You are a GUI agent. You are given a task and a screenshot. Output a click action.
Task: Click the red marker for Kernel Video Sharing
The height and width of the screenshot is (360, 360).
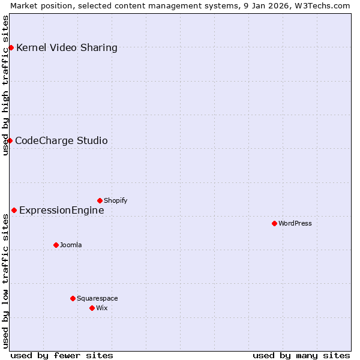(x=11, y=47)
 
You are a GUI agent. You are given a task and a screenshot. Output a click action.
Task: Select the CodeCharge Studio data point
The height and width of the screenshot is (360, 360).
(x=10, y=140)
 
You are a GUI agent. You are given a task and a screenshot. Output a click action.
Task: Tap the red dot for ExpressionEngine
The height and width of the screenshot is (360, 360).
(x=14, y=210)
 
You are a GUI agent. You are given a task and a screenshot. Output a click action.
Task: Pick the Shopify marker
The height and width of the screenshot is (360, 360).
(x=100, y=200)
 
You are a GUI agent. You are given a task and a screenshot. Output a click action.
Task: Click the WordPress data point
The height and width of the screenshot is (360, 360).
(x=274, y=223)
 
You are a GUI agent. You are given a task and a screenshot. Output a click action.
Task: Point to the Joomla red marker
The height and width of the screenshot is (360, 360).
(x=56, y=245)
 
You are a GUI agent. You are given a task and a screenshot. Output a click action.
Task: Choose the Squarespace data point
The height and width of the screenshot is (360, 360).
(x=73, y=298)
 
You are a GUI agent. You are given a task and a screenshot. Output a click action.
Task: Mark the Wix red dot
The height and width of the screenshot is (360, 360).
(x=92, y=308)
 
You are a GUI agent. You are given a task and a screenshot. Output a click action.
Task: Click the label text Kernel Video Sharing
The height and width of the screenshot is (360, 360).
(x=67, y=47)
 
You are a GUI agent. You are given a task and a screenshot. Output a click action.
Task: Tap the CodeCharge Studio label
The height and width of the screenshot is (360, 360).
(x=61, y=140)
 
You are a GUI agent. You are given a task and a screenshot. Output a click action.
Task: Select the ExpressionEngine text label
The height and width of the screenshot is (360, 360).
(x=61, y=210)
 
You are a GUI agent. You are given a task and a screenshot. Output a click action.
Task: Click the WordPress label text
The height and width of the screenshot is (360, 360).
(x=295, y=223)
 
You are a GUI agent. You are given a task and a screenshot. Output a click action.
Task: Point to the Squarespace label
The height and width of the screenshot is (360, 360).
(x=97, y=298)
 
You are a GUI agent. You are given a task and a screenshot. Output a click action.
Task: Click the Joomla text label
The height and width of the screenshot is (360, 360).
(x=71, y=245)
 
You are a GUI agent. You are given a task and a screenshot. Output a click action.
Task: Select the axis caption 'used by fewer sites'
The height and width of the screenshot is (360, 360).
(x=62, y=355)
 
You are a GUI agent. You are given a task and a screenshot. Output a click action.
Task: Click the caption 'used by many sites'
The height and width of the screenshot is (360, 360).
(x=301, y=355)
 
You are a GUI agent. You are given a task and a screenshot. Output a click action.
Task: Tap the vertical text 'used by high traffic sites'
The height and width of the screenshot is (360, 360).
(x=6, y=85)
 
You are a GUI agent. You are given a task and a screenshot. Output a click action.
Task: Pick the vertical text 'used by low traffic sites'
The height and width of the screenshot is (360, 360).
(x=6, y=280)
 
